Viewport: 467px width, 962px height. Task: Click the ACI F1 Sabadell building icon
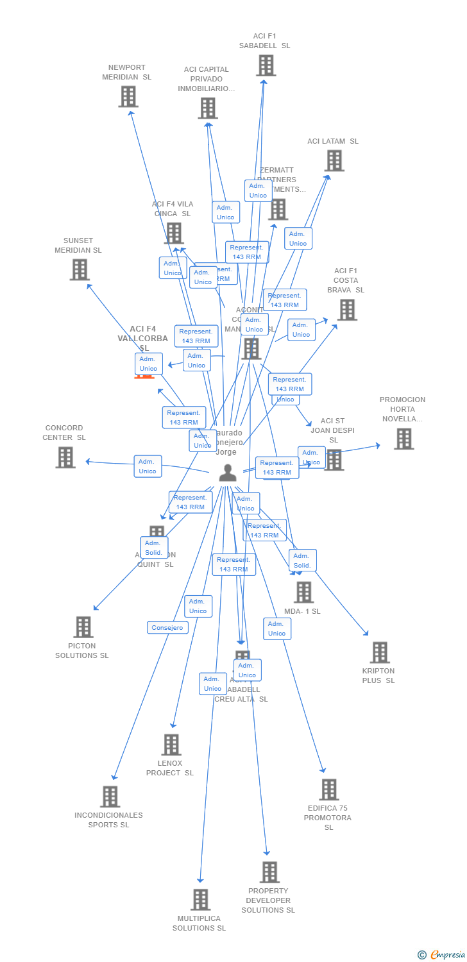pyautogui.click(x=266, y=65)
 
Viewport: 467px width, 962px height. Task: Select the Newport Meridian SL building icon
pyautogui.click(x=128, y=97)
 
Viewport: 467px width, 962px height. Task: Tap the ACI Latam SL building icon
pyautogui.click(x=334, y=160)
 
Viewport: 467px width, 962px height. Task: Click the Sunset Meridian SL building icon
pyautogui.click(x=80, y=270)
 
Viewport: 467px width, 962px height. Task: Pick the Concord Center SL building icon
pyautogui.click(x=65, y=457)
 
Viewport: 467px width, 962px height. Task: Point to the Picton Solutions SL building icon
pyautogui.click(x=83, y=627)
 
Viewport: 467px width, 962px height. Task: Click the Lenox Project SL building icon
pyautogui.click(x=171, y=745)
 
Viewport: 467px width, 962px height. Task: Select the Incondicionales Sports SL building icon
pyautogui.click(x=110, y=797)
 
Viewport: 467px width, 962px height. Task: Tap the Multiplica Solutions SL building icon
pyautogui.click(x=201, y=900)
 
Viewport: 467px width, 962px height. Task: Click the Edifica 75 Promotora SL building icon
pyautogui.click(x=329, y=789)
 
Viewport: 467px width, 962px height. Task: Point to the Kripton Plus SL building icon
pyautogui.click(x=380, y=652)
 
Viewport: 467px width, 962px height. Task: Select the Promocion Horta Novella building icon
pyautogui.click(x=403, y=439)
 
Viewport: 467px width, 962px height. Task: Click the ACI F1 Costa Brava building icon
pyautogui.click(x=347, y=310)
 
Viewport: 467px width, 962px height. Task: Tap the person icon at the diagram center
pyautogui.click(x=228, y=473)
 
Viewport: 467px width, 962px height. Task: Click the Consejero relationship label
pyautogui.click(x=167, y=628)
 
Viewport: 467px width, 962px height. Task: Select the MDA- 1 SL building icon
pyautogui.click(x=303, y=592)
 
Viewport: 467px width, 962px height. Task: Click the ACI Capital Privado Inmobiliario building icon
pyautogui.click(x=207, y=108)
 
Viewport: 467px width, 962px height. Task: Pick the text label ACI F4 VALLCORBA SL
pyautogui.click(x=142, y=338)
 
